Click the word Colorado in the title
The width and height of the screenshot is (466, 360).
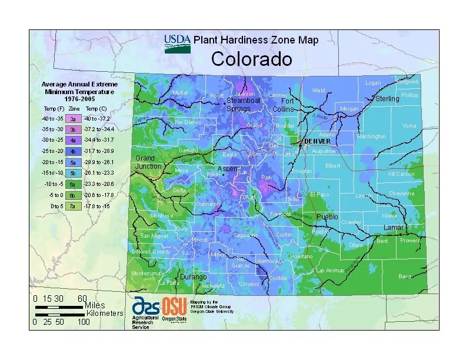tap(251, 59)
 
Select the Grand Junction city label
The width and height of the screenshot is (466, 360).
tap(148, 162)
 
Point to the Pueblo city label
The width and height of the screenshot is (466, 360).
tap(327, 216)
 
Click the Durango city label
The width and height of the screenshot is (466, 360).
tap(193, 276)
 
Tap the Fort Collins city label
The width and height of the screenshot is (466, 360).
tap(283, 105)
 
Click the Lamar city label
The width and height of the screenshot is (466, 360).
tap(394, 227)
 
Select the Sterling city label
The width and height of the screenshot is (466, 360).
tap(387, 99)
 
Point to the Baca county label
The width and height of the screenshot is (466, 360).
tap(405, 276)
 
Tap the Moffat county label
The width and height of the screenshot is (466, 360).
tap(179, 93)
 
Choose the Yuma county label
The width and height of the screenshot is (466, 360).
tap(408, 125)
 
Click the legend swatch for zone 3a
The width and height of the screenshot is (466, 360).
tap(72, 118)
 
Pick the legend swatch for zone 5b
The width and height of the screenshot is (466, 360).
tap(72, 172)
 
